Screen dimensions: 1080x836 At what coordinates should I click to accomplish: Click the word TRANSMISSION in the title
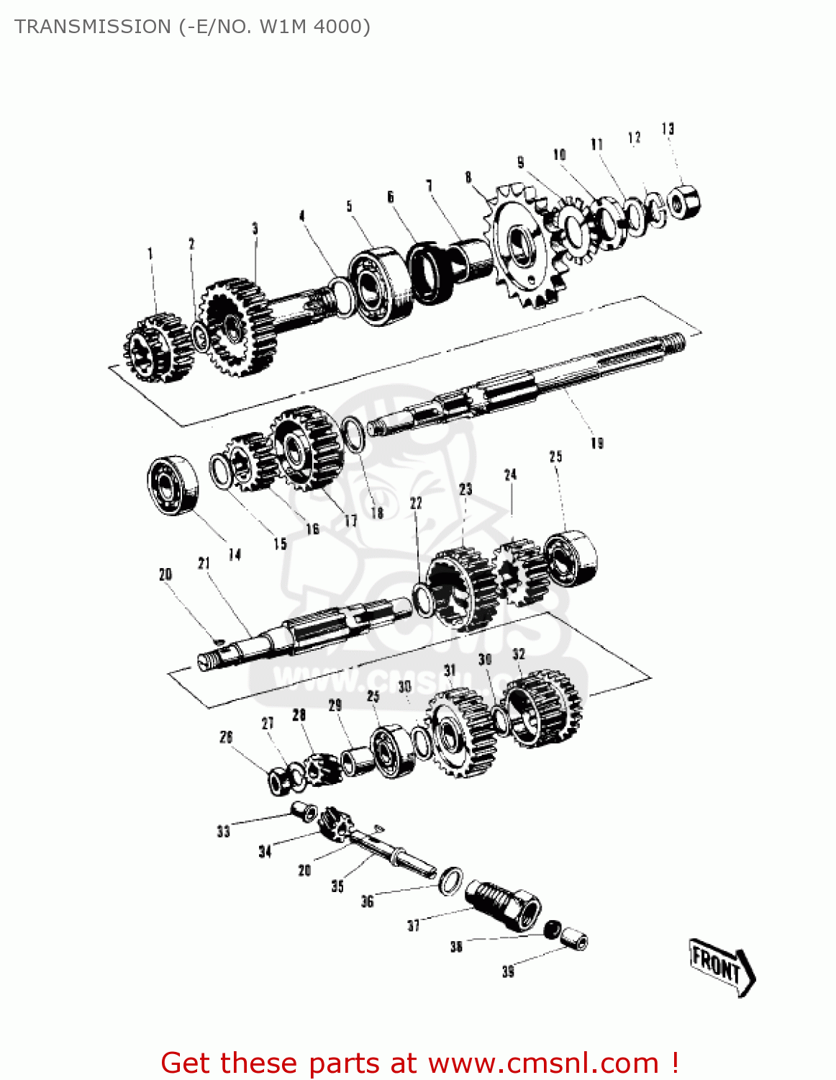[92, 27]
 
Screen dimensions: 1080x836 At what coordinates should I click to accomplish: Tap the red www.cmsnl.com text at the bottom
[543, 1063]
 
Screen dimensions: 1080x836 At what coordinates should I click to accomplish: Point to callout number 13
[668, 129]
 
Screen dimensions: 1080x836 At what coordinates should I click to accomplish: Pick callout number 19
[596, 443]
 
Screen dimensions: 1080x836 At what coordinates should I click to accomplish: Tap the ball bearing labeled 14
[173, 485]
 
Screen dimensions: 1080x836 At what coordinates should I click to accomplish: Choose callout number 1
[150, 253]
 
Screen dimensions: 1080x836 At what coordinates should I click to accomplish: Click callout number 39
[508, 972]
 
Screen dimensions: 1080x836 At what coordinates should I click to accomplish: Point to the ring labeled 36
[450, 881]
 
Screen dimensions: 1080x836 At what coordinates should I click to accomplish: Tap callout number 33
[223, 832]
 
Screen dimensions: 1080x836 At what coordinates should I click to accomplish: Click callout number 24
[510, 474]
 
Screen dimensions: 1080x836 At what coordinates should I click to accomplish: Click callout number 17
[350, 521]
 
